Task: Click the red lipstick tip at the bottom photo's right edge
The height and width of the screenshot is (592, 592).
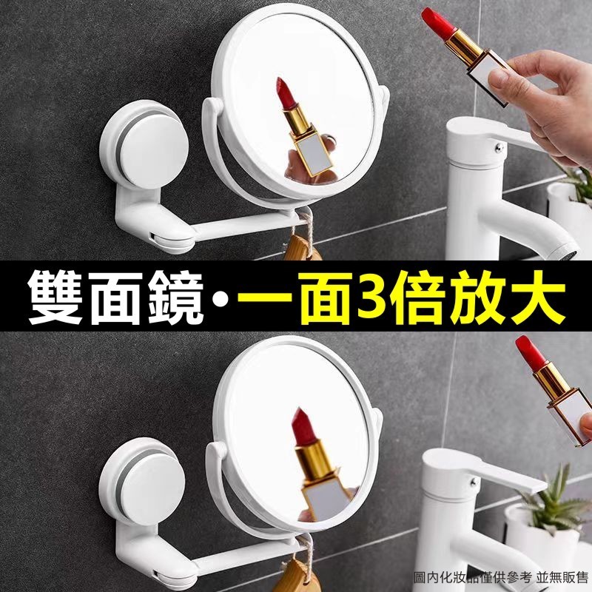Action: click(x=531, y=353)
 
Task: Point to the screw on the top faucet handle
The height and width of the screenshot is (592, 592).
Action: click(x=499, y=147)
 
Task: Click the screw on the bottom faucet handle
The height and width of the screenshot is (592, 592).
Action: click(x=472, y=482)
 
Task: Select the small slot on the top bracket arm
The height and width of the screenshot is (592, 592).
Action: click(x=152, y=237)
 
